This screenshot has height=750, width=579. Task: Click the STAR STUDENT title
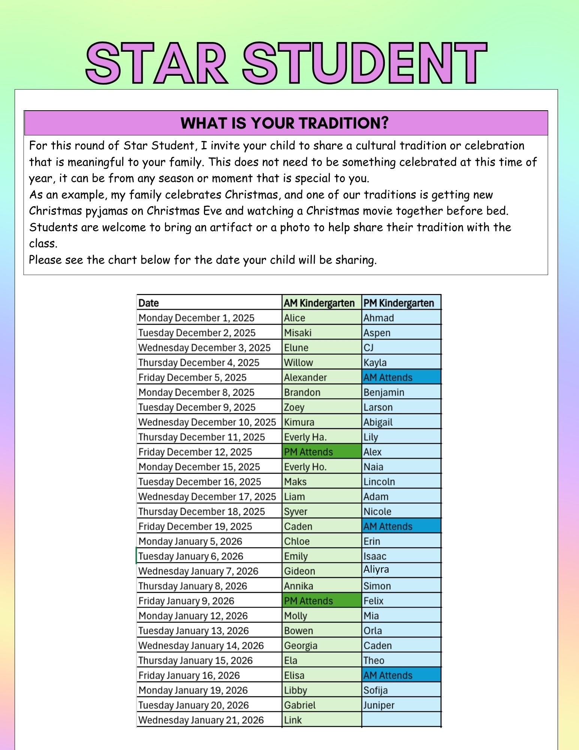287,63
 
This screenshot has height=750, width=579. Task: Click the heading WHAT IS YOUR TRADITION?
285,123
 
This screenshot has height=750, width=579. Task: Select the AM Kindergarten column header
319,303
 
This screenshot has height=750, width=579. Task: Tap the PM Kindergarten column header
399,303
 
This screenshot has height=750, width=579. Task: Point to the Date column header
149,303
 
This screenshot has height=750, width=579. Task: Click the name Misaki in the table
298,333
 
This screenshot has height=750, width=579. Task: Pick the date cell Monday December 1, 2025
196,318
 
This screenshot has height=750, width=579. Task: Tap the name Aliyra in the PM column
376,570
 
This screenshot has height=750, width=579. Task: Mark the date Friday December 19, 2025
195,526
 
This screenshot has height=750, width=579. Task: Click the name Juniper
379,705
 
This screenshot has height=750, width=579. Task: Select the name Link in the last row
293,720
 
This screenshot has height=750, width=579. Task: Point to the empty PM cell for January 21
401,720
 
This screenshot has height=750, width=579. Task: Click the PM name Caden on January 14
377,646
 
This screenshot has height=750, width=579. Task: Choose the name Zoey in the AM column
294,407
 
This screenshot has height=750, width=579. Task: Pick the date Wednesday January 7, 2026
198,571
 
